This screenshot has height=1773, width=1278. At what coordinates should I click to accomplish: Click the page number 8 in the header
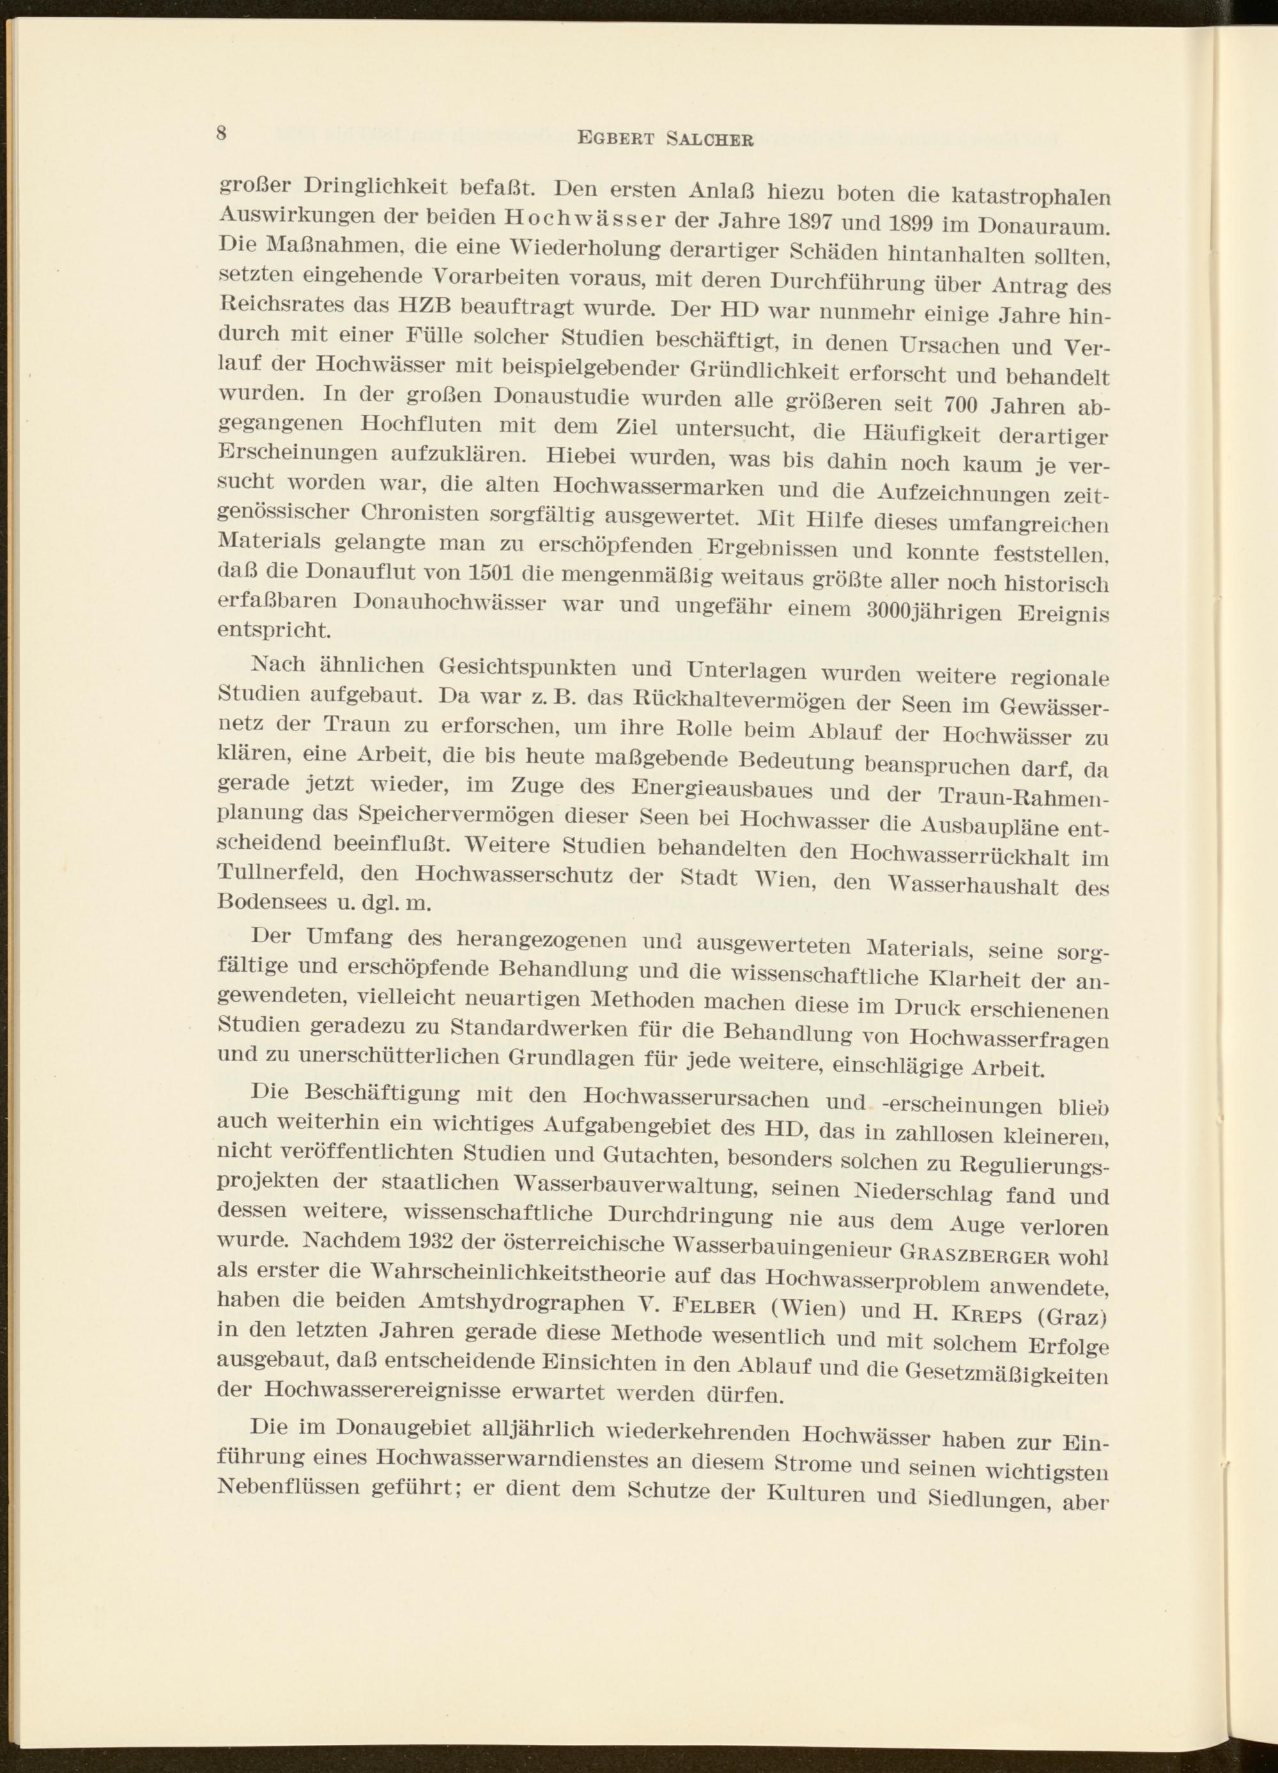[222, 133]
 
